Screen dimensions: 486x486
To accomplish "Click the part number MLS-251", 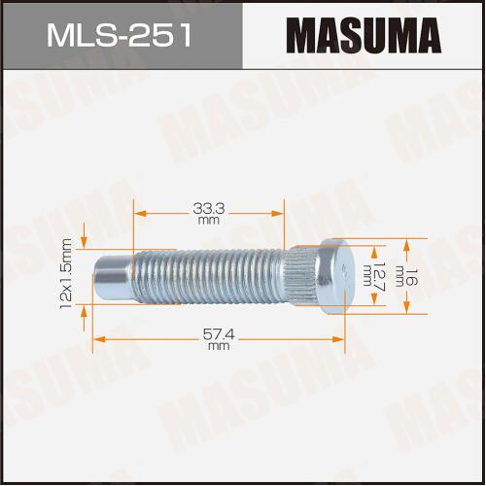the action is [119, 35].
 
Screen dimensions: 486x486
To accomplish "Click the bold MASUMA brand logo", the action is [364, 36].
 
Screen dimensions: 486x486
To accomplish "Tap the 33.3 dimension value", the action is [209, 209].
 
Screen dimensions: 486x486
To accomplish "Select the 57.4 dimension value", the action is [219, 334].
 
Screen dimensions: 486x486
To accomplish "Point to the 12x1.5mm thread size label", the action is [66, 274].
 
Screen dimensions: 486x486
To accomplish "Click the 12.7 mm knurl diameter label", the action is [372, 274].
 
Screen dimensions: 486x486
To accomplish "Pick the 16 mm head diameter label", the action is [405, 276].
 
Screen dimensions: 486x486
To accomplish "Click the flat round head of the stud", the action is [336, 276].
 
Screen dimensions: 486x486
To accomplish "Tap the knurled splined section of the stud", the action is [303, 276].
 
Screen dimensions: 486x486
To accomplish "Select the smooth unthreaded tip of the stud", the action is [113, 276].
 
